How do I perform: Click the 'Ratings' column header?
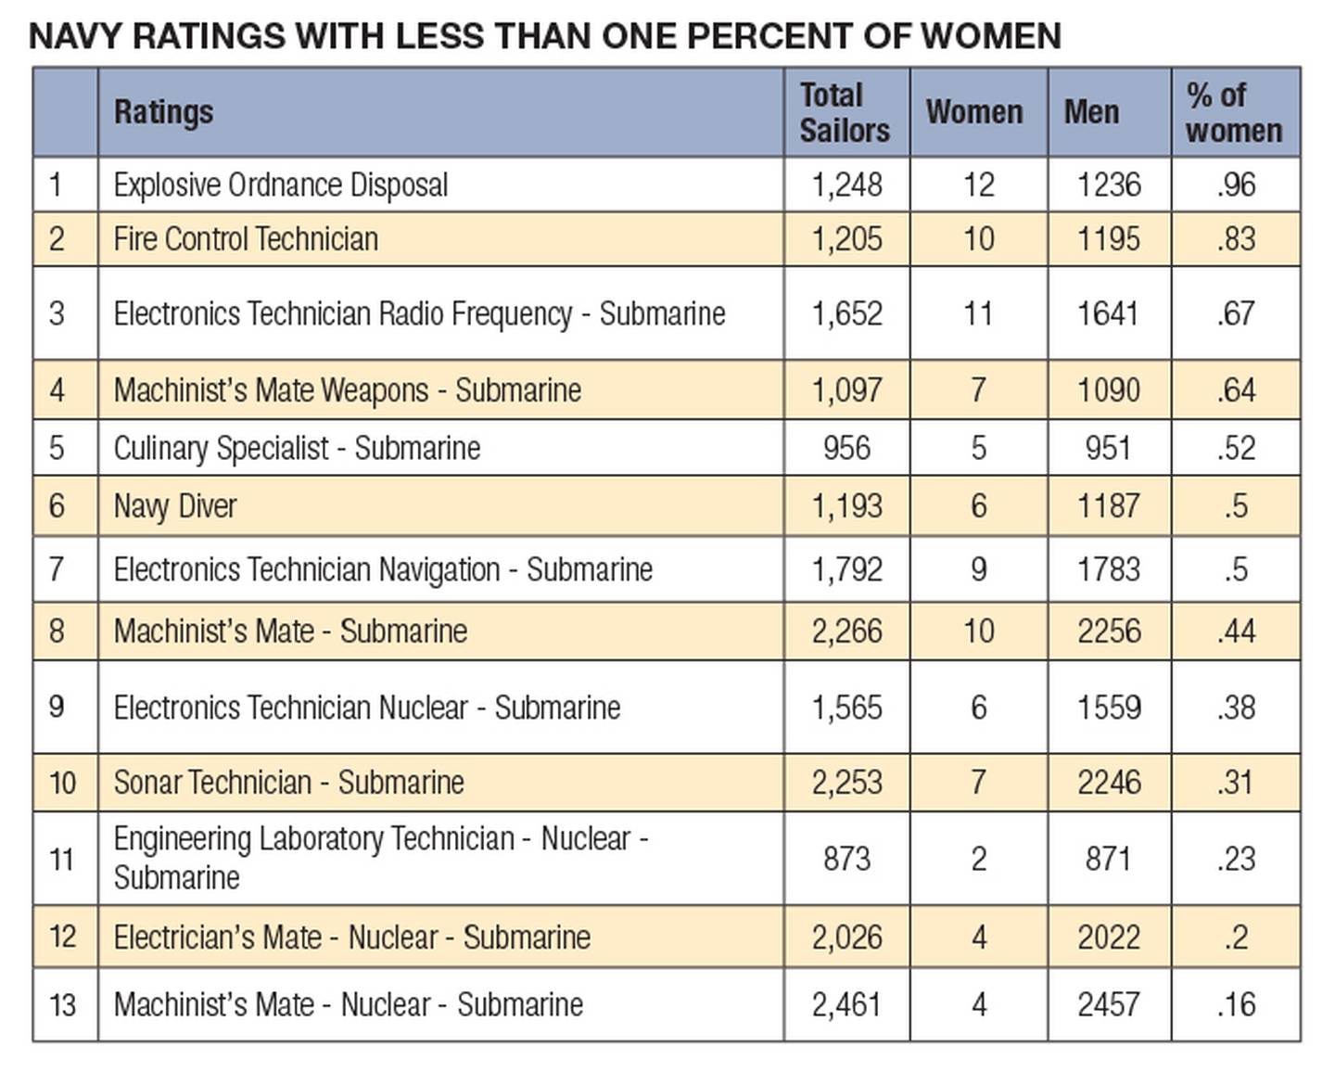[x=163, y=112]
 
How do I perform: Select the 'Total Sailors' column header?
[x=844, y=112]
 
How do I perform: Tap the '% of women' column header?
[x=1233, y=112]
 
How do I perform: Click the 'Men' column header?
[x=1091, y=112]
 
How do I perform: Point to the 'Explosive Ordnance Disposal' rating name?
[x=280, y=185]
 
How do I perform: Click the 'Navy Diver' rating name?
[x=175, y=506]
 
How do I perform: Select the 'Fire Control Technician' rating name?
[x=246, y=239]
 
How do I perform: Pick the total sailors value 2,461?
[x=846, y=1004]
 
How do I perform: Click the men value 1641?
[x=1108, y=313]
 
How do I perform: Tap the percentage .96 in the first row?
[x=1236, y=185]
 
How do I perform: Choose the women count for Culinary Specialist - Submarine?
[x=978, y=449]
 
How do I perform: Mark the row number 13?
[x=62, y=1004]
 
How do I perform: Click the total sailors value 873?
[x=846, y=859]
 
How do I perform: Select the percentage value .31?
[x=1236, y=783]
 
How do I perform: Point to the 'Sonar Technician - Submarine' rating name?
[x=288, y=783]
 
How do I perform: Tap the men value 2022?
[x=1108, y=938]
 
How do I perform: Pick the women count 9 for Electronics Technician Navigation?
[x=978, y=569]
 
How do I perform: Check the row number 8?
[x=57, y=632]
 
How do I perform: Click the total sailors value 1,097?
[x=846, y=390]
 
